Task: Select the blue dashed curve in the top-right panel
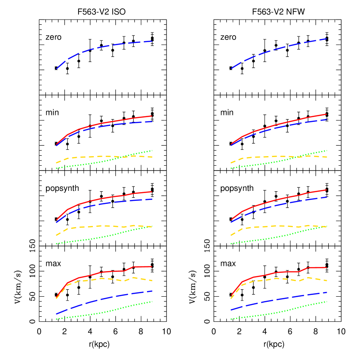(x=278, y=48)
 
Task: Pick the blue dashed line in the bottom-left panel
(x=104, y=299)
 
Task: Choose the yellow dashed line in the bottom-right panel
(x=278, y=278)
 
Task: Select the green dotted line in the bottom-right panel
(x=278, y=312)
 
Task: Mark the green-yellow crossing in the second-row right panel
(x=299, y=156)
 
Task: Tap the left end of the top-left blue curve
(x=56, y=69)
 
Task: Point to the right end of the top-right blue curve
(x=326, y=39)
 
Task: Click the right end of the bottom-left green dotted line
(x=152, y=301)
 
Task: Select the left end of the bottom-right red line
(x=231, y=296)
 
